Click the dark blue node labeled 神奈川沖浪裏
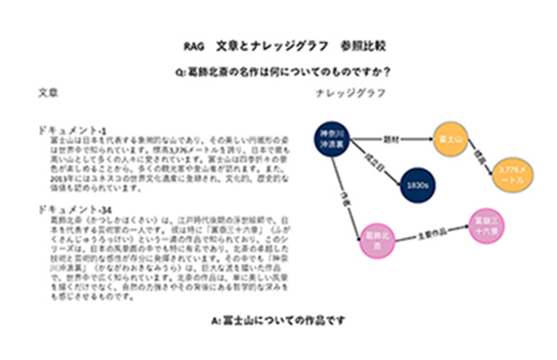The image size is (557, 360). pyautogui.click(x=331, y=138)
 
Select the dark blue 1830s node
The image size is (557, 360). pyautogui.click(x=416, y=185)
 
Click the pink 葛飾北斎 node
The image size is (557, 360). pyautogui.click(x=378, y=237)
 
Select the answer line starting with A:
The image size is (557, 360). pyautogui.click(x=278, y=322)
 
